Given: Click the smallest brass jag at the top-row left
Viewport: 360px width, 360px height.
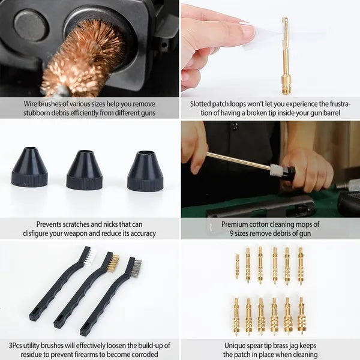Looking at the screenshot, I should pos(237,264).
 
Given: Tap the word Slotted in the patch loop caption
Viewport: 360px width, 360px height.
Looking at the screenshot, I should pos(203,103).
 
